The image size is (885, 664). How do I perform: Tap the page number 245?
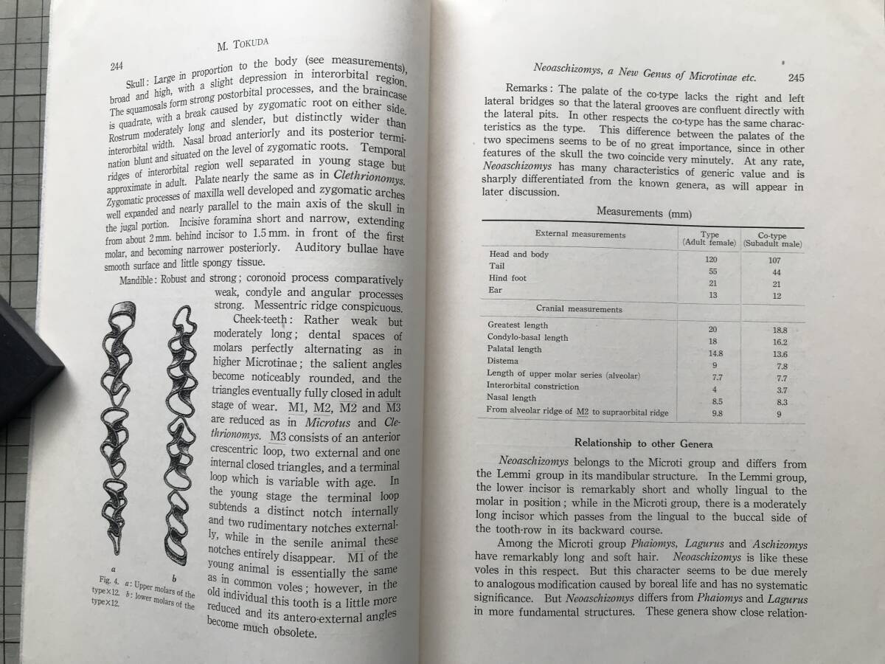(796, 77)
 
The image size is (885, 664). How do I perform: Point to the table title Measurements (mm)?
(644, 212)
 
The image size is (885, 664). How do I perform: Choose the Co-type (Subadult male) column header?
(772, 239)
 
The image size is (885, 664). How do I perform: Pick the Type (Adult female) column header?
(710, 238)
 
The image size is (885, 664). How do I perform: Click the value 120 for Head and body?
(711, 259)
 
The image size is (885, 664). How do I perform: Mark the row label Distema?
(502, 361)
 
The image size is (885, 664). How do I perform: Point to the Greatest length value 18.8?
(778, 331)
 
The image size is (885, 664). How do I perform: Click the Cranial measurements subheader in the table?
(579, 309)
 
